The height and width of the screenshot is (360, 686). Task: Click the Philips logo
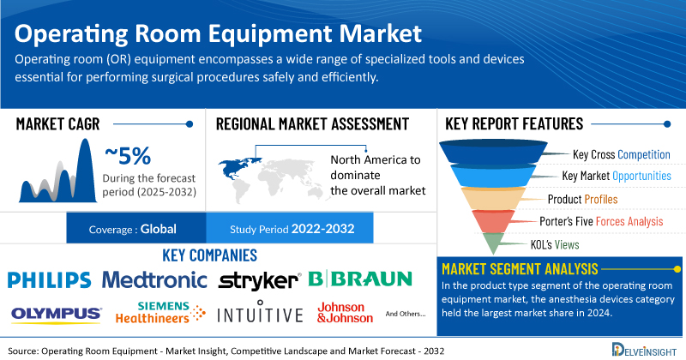click(x=50, y=280)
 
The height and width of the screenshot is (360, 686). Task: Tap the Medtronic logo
click(x=154, y=280)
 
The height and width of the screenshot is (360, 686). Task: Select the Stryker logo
click(x=260, y=281)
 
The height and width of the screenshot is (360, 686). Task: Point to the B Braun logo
click(x=360, y=279)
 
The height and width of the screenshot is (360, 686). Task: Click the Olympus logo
click(x=57, y=315)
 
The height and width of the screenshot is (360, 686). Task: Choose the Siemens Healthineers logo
click(x=160, y=312)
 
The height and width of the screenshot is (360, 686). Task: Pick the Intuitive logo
click(x=260, y=311)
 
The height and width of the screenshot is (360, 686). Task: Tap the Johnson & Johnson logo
click(x=346, y=312)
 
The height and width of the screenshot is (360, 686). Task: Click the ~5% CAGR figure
click(x=128, y=156)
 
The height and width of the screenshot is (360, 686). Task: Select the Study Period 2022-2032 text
click(x=292, y=229)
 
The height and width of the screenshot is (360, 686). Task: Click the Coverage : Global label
click(x=133, y=229)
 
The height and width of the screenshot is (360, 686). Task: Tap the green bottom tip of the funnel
click(x=493, y=243)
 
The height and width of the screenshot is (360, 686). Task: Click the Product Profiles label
click(x=583, y=200)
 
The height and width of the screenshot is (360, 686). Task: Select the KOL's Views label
click(x=555, y=244)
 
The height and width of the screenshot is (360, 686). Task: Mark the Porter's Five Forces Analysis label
click(x=601, y=221)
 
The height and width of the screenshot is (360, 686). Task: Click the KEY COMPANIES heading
click(x=209, y=255)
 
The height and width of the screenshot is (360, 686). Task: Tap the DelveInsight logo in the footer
click(x=644, y=350)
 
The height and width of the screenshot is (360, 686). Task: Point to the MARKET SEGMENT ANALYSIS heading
click(x=520, y=268)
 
